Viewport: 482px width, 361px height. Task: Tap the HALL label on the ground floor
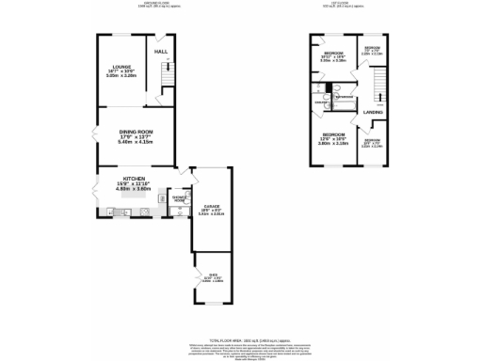pos(161,51)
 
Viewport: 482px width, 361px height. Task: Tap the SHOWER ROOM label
pos(178,199)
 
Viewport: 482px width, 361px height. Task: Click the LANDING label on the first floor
pos(373,113)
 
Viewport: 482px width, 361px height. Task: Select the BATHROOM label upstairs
pos(345,96)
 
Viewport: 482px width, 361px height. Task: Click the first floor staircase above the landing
pos(378,89)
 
